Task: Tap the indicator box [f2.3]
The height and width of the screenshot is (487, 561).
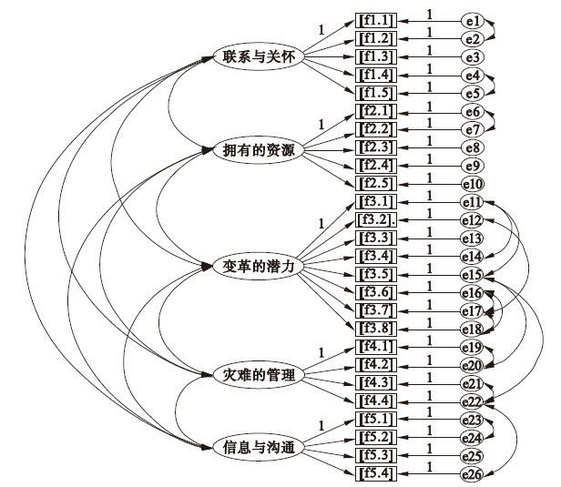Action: pyautogui.click(x=376, y=147)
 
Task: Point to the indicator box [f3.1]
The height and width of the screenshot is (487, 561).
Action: pyautogui.click(x=376, y=202)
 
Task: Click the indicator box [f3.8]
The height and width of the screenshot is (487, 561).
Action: pyautogui.click(x=376, y=328)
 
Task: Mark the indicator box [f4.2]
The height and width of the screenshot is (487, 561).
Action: pyautogui.click(x=376, y=364)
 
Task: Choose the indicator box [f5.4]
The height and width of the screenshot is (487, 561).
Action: pyautogui.click(x=376, y=472)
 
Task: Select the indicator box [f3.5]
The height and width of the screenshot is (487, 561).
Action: pyautogui.click(x=376, y=274)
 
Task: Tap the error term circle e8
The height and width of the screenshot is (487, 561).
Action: pyautogui.click(x=472, y=147)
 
